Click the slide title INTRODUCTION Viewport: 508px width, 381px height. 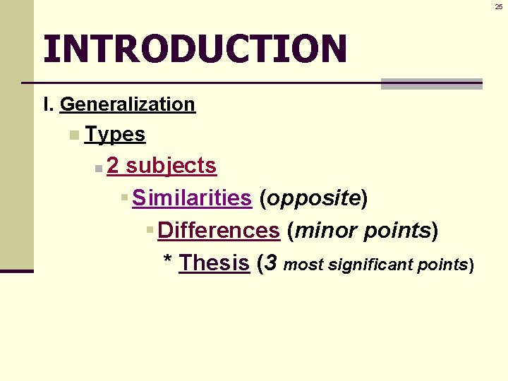click(x=195, y=48)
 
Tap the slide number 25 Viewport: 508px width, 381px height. click(x=499, y=6)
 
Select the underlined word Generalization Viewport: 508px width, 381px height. click(x=127, y=104)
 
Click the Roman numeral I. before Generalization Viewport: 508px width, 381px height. click(x=48, y=104)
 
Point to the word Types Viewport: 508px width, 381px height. click(x=114, y=134)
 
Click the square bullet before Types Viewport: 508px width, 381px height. click(x=74, y=135)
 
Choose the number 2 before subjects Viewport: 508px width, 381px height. click(x=113, y=166)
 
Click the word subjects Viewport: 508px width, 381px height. click(x=171, y=166)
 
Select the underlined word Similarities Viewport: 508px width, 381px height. click(x=191, y=198)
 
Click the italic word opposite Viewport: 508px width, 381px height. click(x=313, y=198)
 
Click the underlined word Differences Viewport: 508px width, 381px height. click(x=219, y=230)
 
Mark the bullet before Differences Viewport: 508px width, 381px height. click(x=150, y=230)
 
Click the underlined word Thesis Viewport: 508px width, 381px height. click(x=214, y=262)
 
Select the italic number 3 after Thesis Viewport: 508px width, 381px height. click(x=270, y=262)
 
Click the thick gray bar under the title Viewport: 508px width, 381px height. click(x=431, y=84)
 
